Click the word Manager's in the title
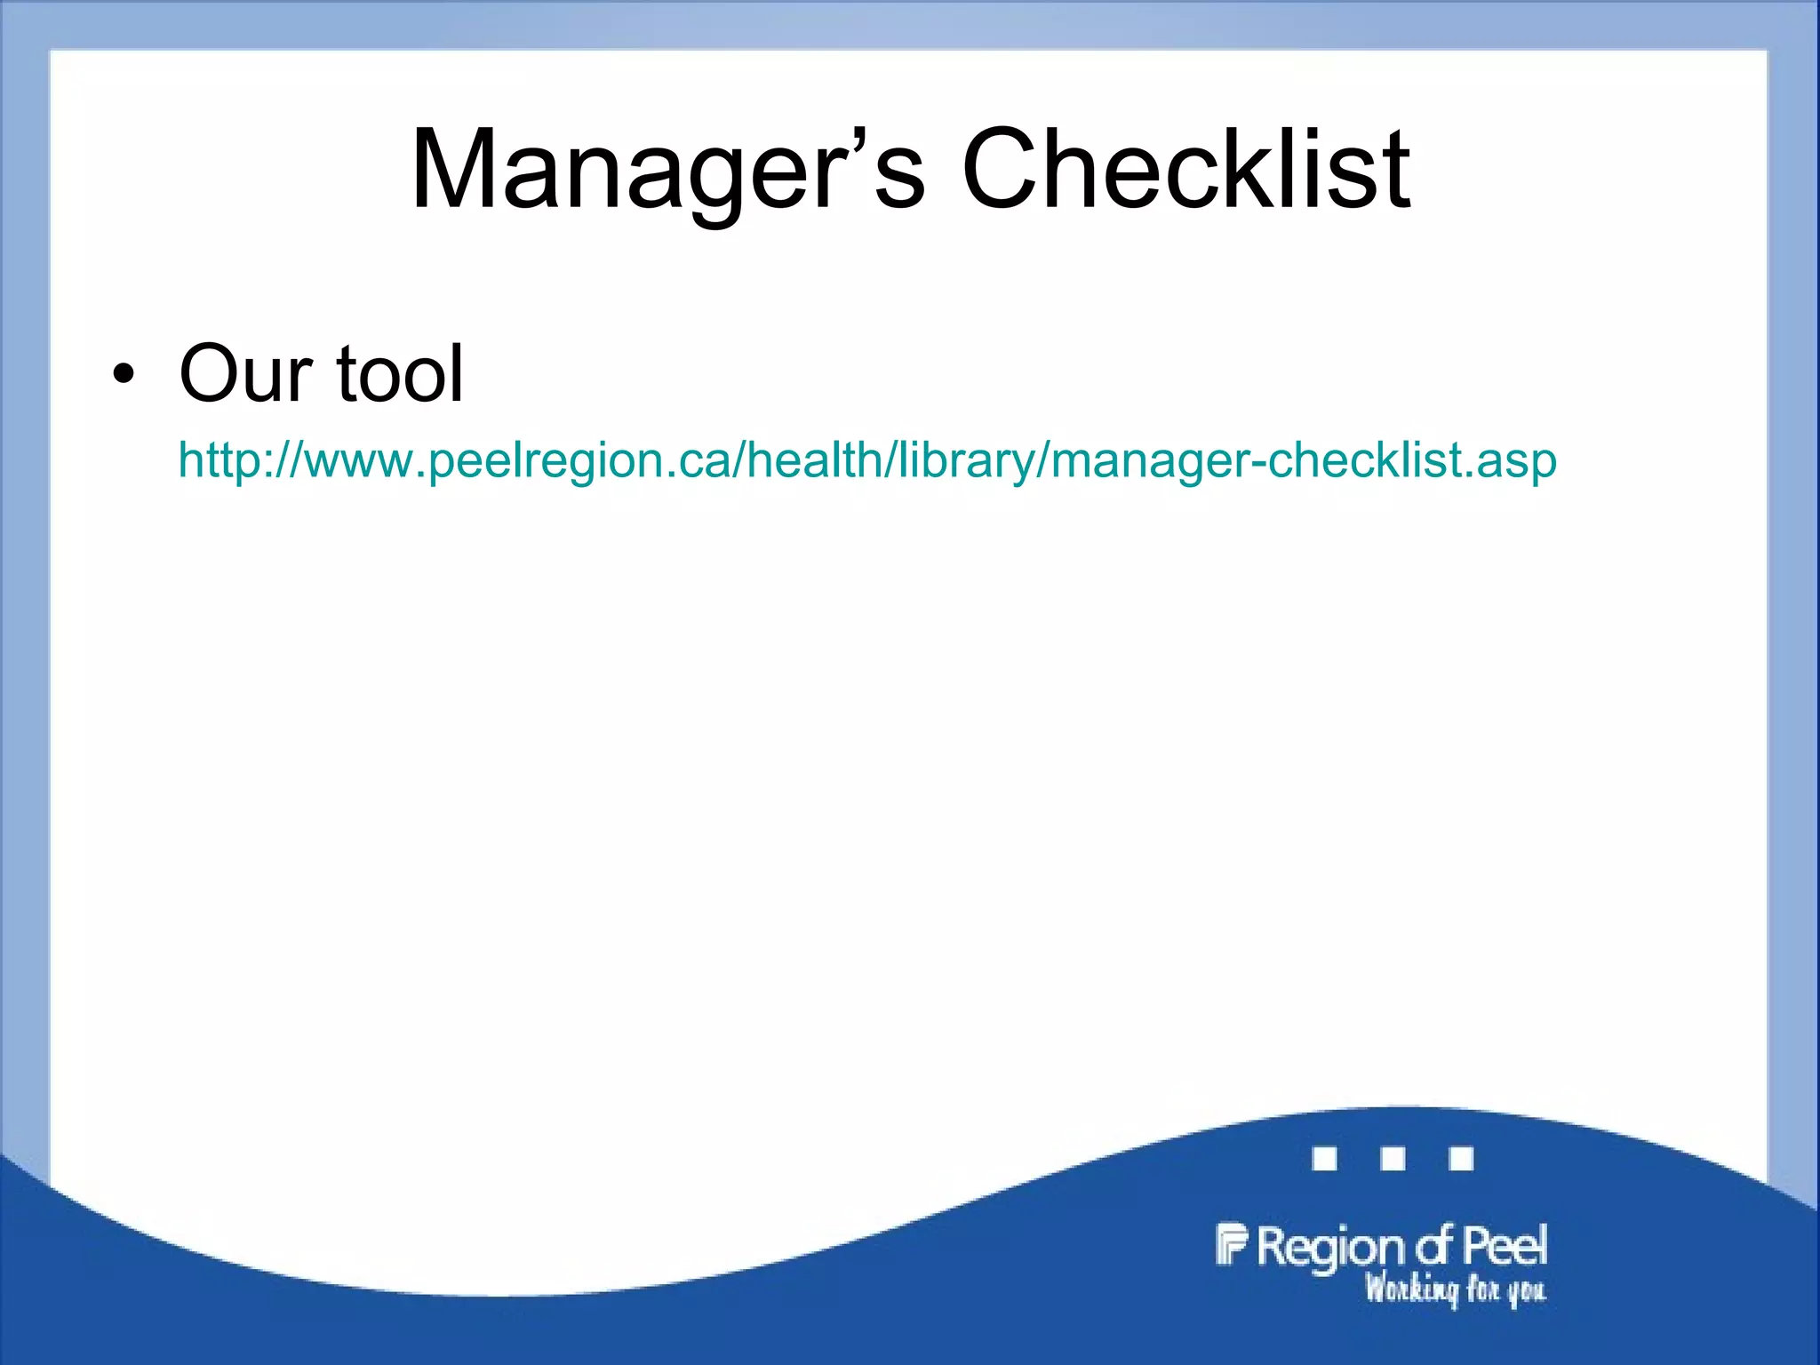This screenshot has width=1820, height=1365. (x=667, y=171)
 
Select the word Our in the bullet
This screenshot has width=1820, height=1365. (x=246, y=374)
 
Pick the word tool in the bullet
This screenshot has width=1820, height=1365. (x=400, y=374)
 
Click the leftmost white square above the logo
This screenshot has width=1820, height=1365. (x=1325, y=1159)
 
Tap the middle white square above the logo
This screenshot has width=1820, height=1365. (x=1393, y=1159)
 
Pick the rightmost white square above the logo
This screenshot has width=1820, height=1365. (x=1461, y=1159)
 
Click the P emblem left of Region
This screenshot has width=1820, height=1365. (x=1232, y=1244)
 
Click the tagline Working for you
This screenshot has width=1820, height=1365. (x=1455, y=1289)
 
